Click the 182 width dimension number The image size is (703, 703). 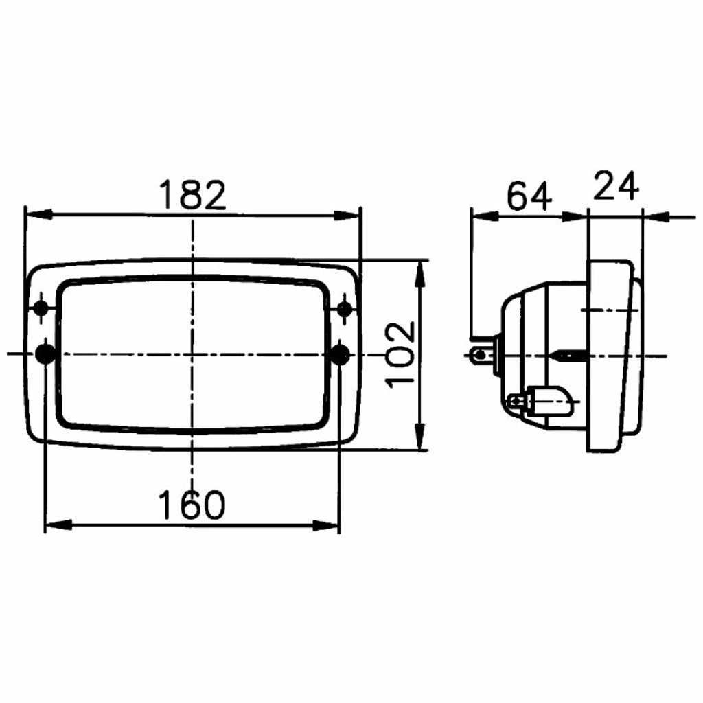click(193, 196)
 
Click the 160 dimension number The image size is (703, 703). click(192, 505)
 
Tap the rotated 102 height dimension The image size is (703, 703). click(401, 355)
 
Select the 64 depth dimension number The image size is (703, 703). click(529, 196)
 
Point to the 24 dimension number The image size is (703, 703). click(616, 185)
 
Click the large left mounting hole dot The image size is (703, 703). click(45, 354)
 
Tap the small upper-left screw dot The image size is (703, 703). click(41, 308)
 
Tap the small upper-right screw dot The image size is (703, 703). click(345, 308)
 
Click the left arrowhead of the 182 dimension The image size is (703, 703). click(38, 215)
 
